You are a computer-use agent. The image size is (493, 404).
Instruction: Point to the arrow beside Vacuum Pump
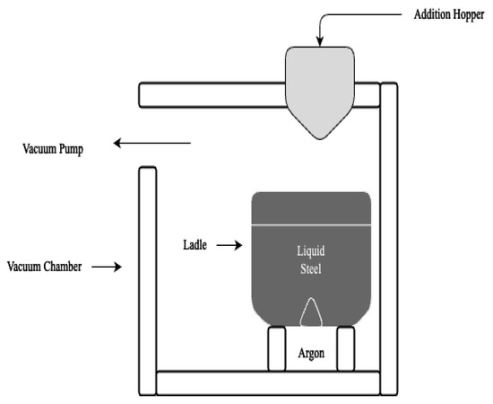coord(152,142)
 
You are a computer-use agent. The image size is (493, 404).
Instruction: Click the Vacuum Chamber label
coord(45,267)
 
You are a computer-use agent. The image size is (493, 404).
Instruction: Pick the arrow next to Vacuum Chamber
coord(107,267)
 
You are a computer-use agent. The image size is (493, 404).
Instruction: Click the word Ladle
coord(195,243)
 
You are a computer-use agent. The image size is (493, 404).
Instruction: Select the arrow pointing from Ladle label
coord(229,243)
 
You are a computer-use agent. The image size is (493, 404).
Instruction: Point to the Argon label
coord(311,353)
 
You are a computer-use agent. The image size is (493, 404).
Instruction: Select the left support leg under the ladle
coord(277,348)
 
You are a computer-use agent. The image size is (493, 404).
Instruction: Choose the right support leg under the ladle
coord(345,348)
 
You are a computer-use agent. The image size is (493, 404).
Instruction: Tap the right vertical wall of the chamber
coord(389,224)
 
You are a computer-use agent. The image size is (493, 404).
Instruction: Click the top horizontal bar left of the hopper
coord(211,93)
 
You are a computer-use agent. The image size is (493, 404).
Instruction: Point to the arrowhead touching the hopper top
coord(320,40)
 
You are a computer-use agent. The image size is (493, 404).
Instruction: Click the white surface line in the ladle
coord(311,223)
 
